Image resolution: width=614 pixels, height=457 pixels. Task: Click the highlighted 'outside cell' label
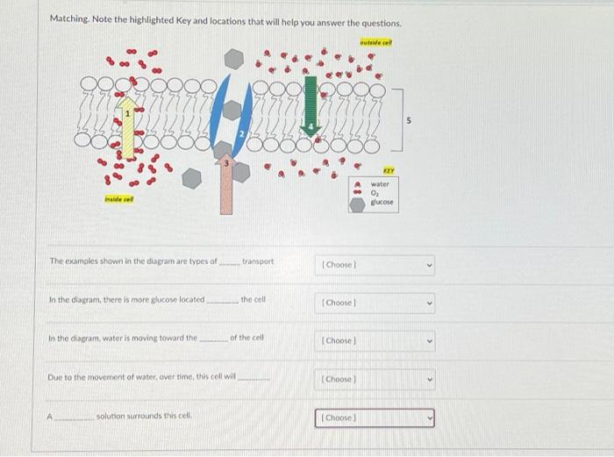point(375,43)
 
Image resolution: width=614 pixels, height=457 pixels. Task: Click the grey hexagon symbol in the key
point(357,204)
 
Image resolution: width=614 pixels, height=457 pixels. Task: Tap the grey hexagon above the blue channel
point(233,59)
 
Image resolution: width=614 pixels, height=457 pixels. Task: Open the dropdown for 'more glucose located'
point(376,303)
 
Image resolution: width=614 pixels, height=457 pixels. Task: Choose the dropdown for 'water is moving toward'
point(376,340)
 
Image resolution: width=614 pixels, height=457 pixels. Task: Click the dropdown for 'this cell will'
point(376,379)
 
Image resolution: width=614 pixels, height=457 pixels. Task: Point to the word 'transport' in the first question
point(257,261)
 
